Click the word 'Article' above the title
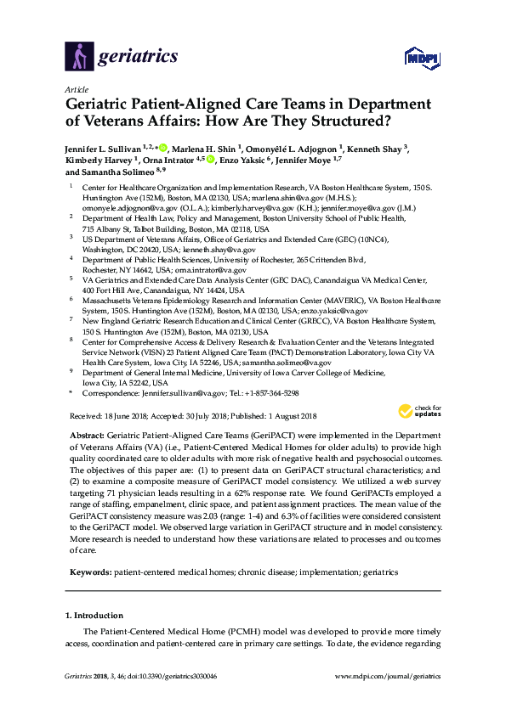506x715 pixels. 76,88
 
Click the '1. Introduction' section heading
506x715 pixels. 93,614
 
